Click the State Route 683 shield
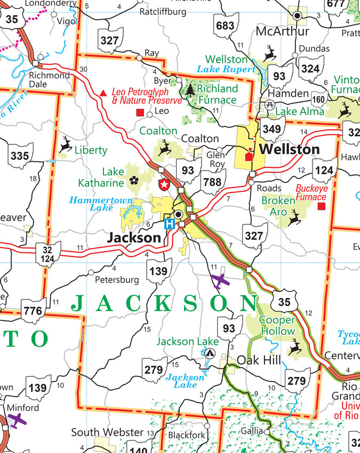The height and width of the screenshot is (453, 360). pos(226,25)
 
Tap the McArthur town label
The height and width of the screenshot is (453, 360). pos(282,31)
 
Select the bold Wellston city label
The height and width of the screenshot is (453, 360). pos(290,149)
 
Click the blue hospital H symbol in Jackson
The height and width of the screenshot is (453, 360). pos(169,224)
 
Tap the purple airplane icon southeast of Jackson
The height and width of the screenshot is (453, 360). pos(219,280)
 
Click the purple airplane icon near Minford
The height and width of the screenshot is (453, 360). pos(18,420)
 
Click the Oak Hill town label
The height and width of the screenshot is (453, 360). pos(259,361)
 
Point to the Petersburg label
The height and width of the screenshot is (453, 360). pos(116,279)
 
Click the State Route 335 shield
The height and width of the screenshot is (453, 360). pos(20,156)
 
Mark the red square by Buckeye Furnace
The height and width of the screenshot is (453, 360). pos(321,206)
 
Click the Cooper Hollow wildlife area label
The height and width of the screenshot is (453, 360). pos(277,326)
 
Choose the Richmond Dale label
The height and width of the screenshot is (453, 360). pos(50,80)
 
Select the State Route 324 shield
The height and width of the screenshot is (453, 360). pos(310,68)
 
